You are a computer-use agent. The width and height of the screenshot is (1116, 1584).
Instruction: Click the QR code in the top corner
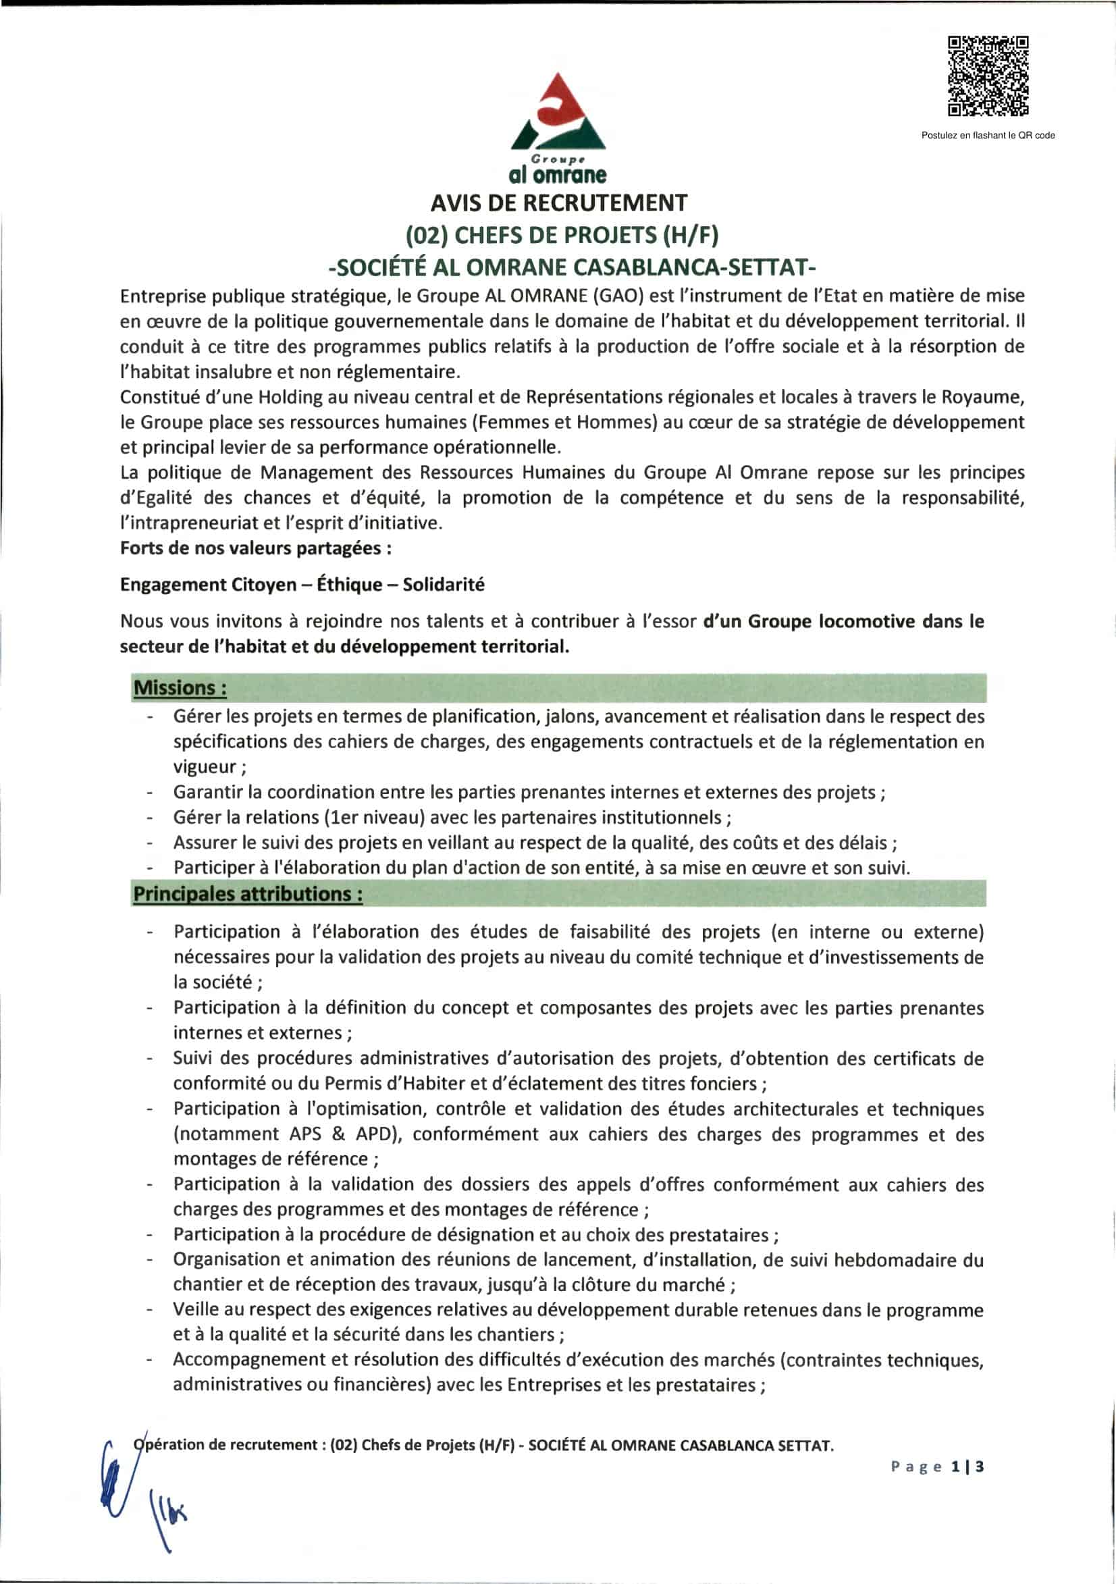988,76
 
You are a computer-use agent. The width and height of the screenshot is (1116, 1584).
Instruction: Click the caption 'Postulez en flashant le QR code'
988,135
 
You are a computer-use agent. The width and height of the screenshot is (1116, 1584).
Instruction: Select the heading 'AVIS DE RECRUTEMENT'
559,203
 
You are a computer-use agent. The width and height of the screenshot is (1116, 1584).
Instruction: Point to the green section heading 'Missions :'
180,688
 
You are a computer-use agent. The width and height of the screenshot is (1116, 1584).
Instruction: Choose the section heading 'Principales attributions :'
248,893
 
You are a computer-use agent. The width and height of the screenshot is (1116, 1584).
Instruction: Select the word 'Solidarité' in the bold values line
444,584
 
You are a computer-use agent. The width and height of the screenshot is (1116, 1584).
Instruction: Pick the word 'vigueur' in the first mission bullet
205,766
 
